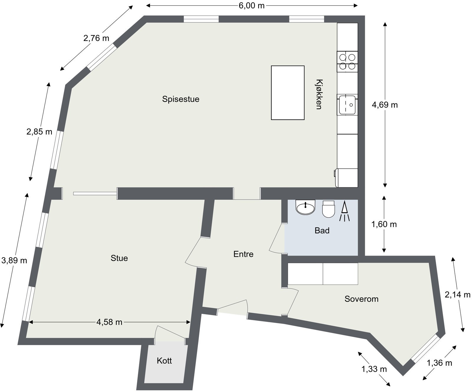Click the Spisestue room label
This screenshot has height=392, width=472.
[x=181, y=99]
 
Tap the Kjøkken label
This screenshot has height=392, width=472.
[x=318, y=94]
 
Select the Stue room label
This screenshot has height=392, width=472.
[x=119, y=258]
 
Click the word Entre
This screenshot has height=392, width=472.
[x=243, y=254]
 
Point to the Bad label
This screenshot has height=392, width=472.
[x=322, y=230]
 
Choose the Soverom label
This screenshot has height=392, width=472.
[x=361, y=299]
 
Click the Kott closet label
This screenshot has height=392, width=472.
[x=164, y=361]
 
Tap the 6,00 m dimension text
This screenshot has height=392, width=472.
[x=252, y=6]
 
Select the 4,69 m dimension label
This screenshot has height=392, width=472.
[x=385, y=105]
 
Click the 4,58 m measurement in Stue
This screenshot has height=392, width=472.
[x=109, y=322]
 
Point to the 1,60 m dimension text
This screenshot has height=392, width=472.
[x=384, y=224]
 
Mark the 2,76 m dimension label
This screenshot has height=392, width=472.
[x=96, y=38]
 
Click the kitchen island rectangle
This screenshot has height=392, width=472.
[x=288, y=93]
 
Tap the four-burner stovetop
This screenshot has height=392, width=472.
[x=347, y=62]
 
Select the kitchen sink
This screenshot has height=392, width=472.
[x=347, y=105]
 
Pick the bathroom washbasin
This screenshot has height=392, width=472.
[x=306, y=207]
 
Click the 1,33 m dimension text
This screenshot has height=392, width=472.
[x=374, y=369]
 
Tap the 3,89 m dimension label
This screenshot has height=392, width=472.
[x=14, y=260]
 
